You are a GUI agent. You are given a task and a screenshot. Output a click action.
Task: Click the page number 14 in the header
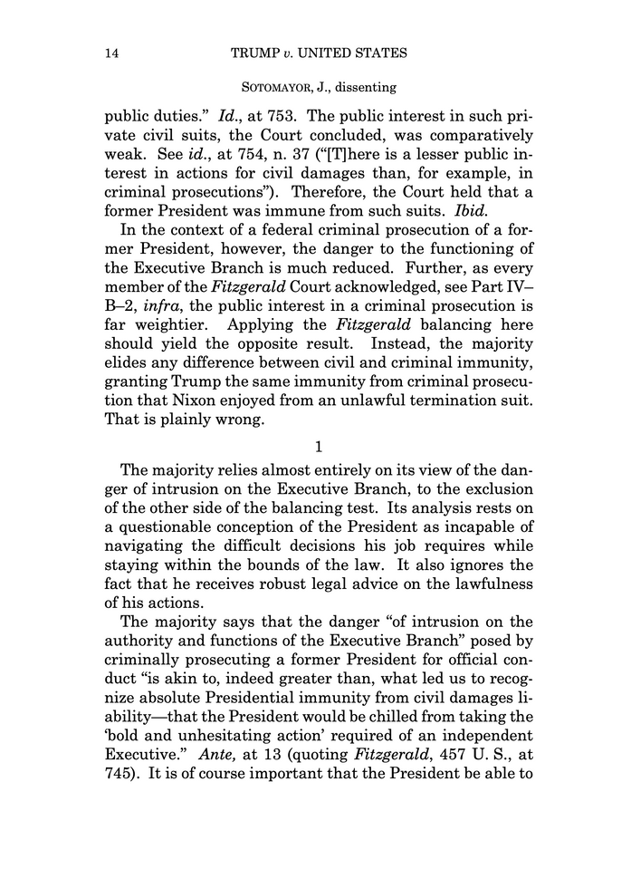pyautogui.click(x=113, y=53)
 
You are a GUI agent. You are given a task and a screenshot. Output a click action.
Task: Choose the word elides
pyautogui.click(x=127, y=343)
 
